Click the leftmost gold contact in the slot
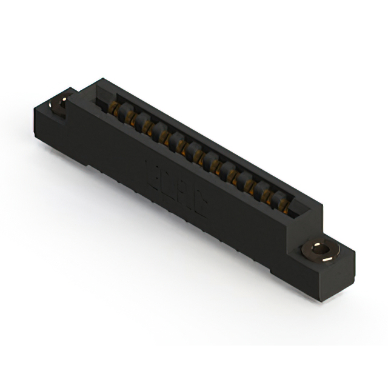113,109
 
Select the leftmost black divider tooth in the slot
124,110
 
